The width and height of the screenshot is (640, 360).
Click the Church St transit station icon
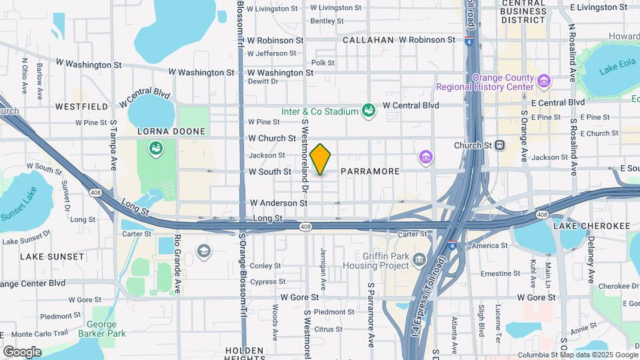tap(499, 145)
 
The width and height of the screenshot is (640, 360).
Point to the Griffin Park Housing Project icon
tap(419, 259)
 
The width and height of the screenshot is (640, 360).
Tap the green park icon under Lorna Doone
tap(156, 148)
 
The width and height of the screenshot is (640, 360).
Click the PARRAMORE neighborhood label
tap(370, 171)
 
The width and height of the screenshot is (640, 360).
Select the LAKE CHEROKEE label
tap(591, 226)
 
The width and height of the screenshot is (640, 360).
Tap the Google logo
tap(22, 351)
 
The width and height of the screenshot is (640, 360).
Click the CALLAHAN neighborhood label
tap(368, 40)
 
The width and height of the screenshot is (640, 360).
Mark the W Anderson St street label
tap(278, 203)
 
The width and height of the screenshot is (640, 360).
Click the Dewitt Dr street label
tap(263, 81)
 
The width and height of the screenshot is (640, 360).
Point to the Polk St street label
tap(323, 63)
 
